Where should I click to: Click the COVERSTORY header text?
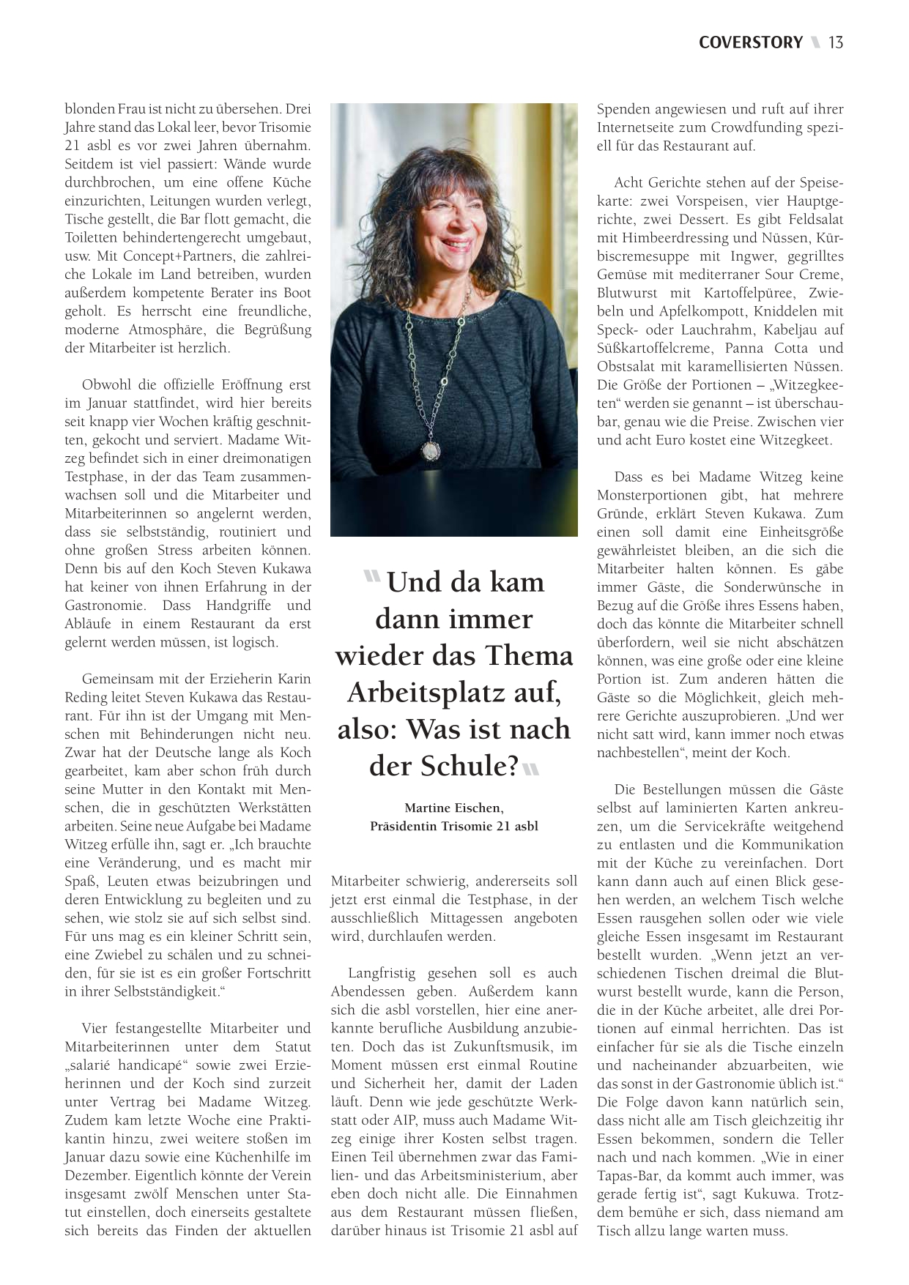tap(750, 42)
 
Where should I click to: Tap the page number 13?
tap(836, 42)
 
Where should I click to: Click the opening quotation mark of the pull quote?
tap(372, 577)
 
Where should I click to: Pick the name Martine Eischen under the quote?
tap(453, 808)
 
